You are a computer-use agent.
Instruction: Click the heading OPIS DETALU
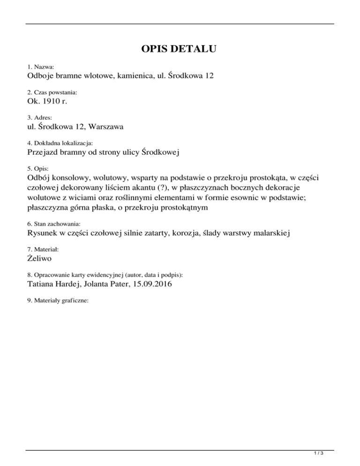[180, 49]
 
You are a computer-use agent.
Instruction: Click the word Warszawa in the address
[100, 126]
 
